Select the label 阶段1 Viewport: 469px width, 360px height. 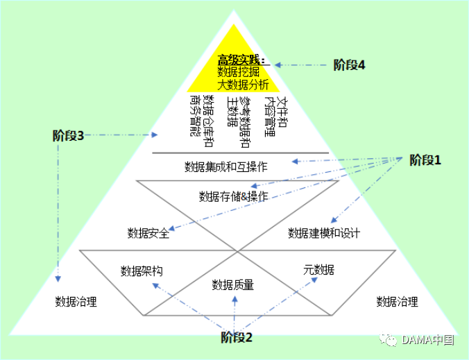(425, 161)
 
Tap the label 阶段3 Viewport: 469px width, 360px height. (68, 136)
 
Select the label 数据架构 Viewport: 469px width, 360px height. (142, 270)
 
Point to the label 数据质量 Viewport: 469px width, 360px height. (232, 284)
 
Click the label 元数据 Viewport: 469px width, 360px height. (318, 269)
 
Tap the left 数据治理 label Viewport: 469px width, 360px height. (76, 301)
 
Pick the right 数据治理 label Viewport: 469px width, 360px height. (397, 301)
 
